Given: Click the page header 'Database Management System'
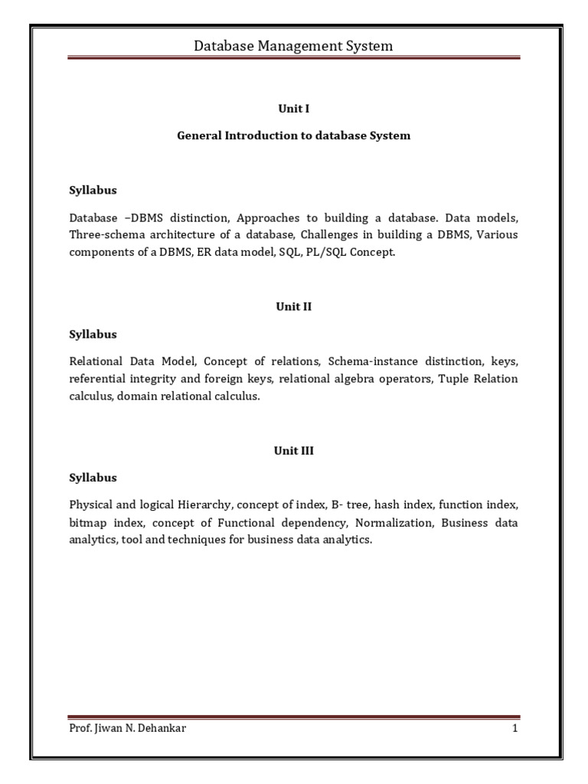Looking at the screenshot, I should (293, 46).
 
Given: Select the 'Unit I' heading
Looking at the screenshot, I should (293, 109).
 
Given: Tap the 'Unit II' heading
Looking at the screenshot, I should (293, 307).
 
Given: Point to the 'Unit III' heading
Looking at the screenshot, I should (293, 451).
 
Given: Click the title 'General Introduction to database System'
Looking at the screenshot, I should (293, 136).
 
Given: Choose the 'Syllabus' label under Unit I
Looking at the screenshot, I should (93, 190).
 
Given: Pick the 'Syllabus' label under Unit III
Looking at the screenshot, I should (93, 478).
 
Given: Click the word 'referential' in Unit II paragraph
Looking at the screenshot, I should (97, 379).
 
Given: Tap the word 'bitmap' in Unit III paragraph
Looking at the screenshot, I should (87, 523).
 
